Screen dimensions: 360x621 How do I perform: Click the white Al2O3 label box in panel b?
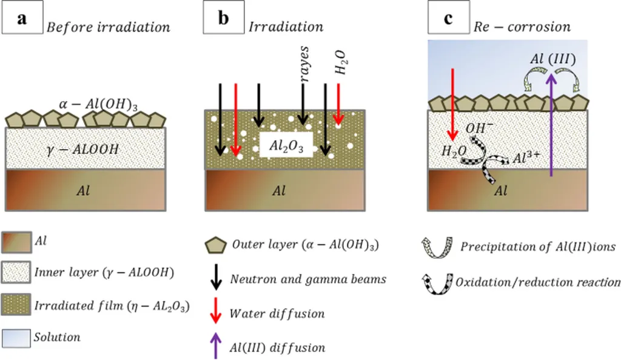tap(286, 145)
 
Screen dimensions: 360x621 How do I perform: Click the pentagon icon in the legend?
tap(216, 246)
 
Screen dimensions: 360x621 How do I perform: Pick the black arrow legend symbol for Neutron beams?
tap(215, 279)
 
